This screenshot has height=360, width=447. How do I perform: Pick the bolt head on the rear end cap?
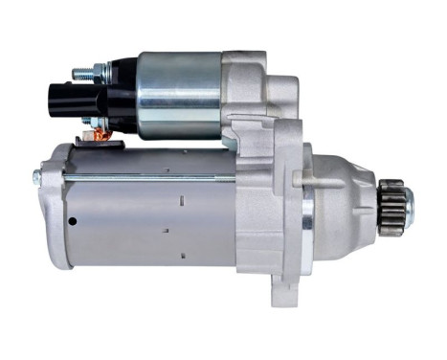click(37, 178)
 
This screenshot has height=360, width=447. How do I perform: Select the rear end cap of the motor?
click(55, 205)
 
